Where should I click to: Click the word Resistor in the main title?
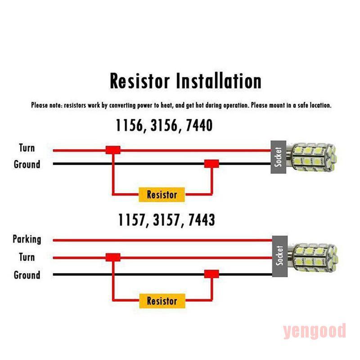[140, 82]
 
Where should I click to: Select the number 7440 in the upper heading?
[196, 125]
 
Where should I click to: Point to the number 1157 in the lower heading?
[132, 220]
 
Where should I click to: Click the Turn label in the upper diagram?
[27, 148]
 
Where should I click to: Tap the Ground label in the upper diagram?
[27, 164]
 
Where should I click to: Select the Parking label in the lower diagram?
[27, 239]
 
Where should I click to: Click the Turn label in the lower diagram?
[27, 257]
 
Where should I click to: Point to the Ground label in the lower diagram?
[27, 274]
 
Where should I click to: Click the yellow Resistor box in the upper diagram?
[162, 195]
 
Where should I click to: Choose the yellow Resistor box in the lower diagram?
[162, 301]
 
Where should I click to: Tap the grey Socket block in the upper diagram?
[279, 157]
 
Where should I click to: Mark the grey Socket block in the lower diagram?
[279, 255]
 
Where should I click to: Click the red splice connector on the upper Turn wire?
[113, 149]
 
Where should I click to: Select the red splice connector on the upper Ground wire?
[211, 164]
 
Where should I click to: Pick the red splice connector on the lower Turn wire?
[113, 257]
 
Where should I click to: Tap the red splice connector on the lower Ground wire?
[211, 274]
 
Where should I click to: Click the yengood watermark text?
[315, 331]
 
